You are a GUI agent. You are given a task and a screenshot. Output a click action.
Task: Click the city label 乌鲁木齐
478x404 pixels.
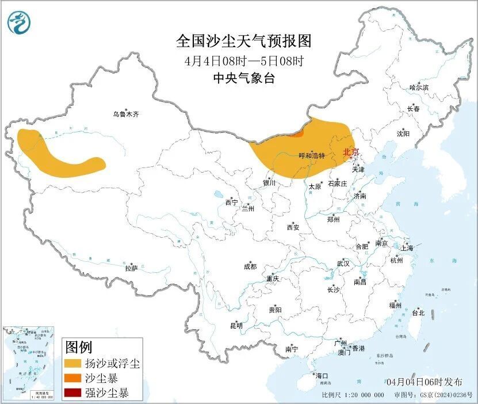(125, 115)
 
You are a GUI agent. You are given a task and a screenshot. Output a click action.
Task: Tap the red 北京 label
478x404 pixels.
(350, 152)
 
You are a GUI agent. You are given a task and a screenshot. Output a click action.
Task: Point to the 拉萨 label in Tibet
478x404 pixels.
(131, 268)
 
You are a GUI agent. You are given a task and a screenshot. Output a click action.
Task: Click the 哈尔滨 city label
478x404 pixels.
(419, 87)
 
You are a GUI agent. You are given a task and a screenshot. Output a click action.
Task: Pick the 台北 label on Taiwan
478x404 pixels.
(418, 313)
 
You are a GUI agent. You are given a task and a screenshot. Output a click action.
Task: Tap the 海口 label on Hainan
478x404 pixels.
(321, 376)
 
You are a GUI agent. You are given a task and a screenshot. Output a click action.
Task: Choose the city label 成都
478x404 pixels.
(250, 266)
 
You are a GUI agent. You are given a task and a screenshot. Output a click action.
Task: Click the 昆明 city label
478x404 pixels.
(236, 326)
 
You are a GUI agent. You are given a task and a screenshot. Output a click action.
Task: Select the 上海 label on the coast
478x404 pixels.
(407, 248)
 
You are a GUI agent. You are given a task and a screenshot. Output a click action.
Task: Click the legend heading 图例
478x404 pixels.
(78, 347)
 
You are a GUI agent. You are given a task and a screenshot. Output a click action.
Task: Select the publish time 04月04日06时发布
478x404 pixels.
(424, 382)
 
